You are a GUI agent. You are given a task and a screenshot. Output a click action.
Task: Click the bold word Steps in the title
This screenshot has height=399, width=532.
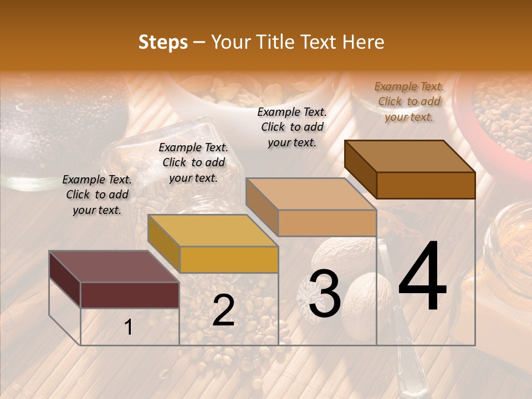pos(163,42)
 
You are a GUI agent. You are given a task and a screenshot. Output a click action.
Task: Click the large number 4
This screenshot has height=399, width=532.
pos(422,277)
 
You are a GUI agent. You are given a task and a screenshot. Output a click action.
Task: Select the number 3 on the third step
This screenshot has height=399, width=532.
pos(324,294)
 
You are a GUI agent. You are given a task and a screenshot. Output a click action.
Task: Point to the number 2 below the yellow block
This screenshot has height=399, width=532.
pos(223,310)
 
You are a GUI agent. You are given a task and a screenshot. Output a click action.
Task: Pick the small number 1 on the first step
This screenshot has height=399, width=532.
pos(129,328)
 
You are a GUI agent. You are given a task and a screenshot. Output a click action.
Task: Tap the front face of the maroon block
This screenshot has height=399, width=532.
pos(130,295)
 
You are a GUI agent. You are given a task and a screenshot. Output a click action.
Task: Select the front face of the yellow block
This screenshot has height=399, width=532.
pos(229,259)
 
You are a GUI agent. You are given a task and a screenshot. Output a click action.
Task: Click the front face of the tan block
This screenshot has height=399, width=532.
pos(327,223)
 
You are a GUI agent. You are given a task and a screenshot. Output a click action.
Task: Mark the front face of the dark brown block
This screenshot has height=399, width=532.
pos(426,185)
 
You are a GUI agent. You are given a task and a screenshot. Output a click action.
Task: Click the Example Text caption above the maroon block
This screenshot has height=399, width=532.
pos(97,195)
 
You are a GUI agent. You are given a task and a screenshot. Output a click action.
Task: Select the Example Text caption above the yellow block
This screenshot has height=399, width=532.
pos(193,162)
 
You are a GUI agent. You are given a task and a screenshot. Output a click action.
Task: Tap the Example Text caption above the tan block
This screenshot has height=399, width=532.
pos(292,127)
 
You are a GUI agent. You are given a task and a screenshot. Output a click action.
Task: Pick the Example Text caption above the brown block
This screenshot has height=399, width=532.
pos(409,101)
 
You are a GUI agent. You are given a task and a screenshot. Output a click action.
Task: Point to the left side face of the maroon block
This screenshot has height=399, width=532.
pos(65,279)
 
